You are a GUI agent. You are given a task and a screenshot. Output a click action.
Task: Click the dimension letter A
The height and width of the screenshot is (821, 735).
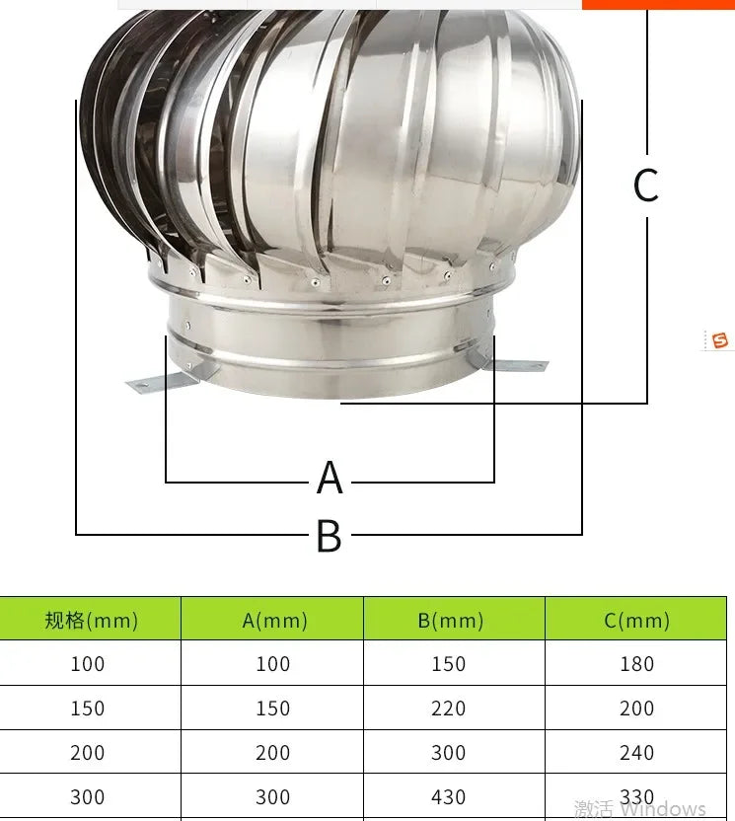pos(330,479)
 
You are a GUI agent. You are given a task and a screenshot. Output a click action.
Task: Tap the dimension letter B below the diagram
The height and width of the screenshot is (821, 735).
pos(329,537)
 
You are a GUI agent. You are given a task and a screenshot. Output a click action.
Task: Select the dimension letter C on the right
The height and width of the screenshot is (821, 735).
pos(645,186)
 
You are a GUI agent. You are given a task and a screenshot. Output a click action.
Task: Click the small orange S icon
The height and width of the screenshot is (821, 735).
pos(719,340)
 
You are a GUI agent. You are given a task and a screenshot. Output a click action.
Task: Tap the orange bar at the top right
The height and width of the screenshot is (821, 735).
pos(658,4)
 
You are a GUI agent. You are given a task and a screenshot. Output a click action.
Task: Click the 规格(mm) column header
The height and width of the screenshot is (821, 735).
pos(91,620)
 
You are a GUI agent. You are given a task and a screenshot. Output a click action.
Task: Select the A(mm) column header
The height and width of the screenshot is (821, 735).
pos(274,620)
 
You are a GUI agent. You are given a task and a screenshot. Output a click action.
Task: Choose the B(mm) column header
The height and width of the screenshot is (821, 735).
pos(450,620)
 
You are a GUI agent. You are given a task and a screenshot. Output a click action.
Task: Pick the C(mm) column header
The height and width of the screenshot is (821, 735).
pos(636,620)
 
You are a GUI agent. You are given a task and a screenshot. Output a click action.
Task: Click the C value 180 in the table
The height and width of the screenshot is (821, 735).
pos(636,664)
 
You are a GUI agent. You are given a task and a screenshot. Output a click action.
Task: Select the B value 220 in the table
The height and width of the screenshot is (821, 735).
pos(448,709)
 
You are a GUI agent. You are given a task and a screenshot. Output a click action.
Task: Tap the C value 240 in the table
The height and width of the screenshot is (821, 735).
pos(636,753)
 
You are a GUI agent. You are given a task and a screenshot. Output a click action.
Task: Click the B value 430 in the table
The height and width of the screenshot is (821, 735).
pos(448,797)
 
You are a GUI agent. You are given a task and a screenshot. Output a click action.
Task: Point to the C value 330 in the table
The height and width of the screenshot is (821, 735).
pos(636,797)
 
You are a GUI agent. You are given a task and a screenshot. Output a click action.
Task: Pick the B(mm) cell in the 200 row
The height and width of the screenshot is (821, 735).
pos(448,753)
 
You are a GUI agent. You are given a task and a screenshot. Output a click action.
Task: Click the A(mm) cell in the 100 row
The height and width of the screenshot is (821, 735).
pos(273,664)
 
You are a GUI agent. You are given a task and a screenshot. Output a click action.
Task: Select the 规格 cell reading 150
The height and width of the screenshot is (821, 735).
pos(87,709)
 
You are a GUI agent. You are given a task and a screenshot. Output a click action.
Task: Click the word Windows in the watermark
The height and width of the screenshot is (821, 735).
pos(663,809)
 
